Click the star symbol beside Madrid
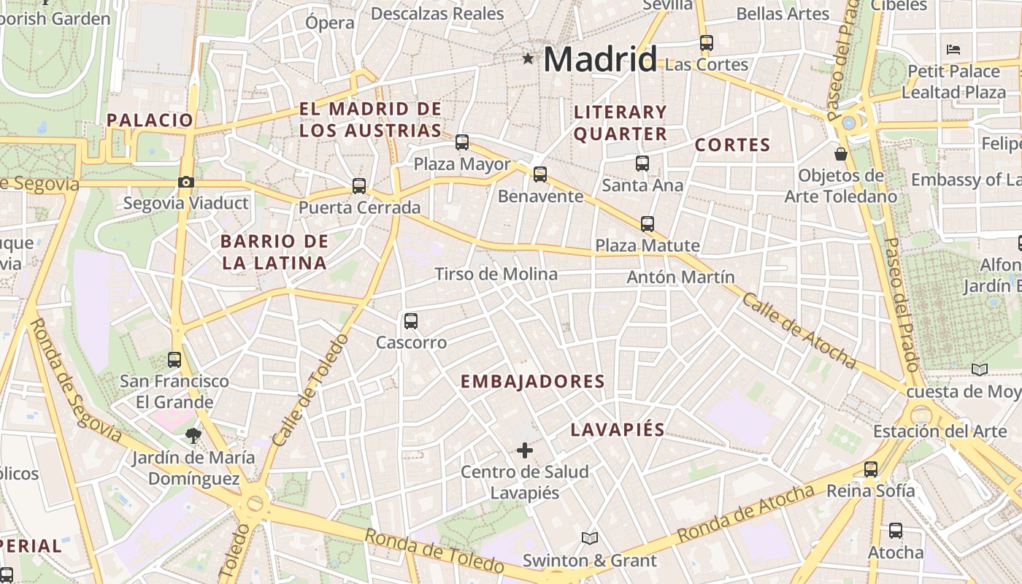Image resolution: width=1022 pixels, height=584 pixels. click(x=528, y=58)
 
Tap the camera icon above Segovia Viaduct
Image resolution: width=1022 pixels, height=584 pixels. click(x=186, y=182)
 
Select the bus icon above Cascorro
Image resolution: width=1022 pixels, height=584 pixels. click(x=411, y=320)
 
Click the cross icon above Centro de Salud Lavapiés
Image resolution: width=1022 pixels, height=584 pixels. click(x=524, y=450)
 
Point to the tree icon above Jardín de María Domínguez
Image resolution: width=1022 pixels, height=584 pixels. click(x=193, y=436)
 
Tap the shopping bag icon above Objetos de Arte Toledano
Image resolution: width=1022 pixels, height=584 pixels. click(x=841, y=154)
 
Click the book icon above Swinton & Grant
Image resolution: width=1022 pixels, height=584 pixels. click(x=590, y=539)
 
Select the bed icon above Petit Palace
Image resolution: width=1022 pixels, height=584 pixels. click(x=953, y=50)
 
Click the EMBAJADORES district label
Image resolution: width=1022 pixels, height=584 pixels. click(x=533, y=381)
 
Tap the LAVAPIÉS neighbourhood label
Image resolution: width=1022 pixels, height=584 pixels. click(x=618, y=429)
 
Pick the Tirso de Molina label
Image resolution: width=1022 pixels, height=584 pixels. click(x=496, y=274)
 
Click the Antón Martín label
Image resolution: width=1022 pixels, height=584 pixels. click(x=680, y=277)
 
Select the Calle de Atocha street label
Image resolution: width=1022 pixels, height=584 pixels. click(x=799, y=330)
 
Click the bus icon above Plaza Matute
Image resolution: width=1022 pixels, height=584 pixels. click(x=648, y=224)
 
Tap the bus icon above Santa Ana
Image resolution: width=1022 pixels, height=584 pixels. click(x=642, y=164)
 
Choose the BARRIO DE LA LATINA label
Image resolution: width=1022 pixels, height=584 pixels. click(x=274, y=252)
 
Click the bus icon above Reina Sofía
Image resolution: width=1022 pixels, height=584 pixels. click(x=871, y=469)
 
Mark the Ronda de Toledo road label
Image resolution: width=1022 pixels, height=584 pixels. click(x=434, y=550)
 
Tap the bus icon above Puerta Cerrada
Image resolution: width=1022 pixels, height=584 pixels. click(x=359, y=186)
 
